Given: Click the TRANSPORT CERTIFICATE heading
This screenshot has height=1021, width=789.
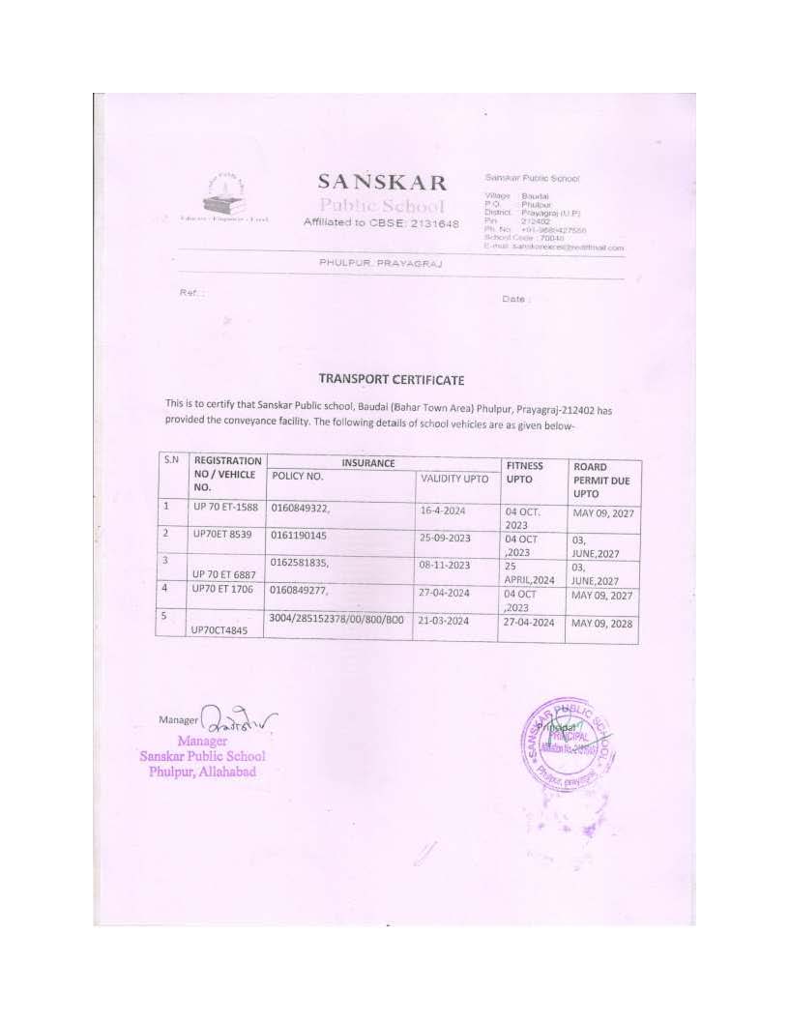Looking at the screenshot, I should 392,380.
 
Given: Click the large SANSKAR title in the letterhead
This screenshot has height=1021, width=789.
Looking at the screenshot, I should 382,183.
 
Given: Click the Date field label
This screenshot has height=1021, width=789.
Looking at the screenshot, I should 515,299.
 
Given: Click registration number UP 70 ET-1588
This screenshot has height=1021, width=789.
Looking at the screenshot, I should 226,508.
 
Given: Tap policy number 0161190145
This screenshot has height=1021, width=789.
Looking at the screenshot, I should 300,535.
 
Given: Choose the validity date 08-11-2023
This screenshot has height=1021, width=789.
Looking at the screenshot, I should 445,565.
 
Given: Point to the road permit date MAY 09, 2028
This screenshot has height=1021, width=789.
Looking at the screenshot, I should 602,624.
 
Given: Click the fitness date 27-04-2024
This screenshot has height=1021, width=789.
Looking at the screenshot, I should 528,623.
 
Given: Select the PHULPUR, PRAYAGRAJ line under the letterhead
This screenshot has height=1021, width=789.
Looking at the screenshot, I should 380,262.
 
